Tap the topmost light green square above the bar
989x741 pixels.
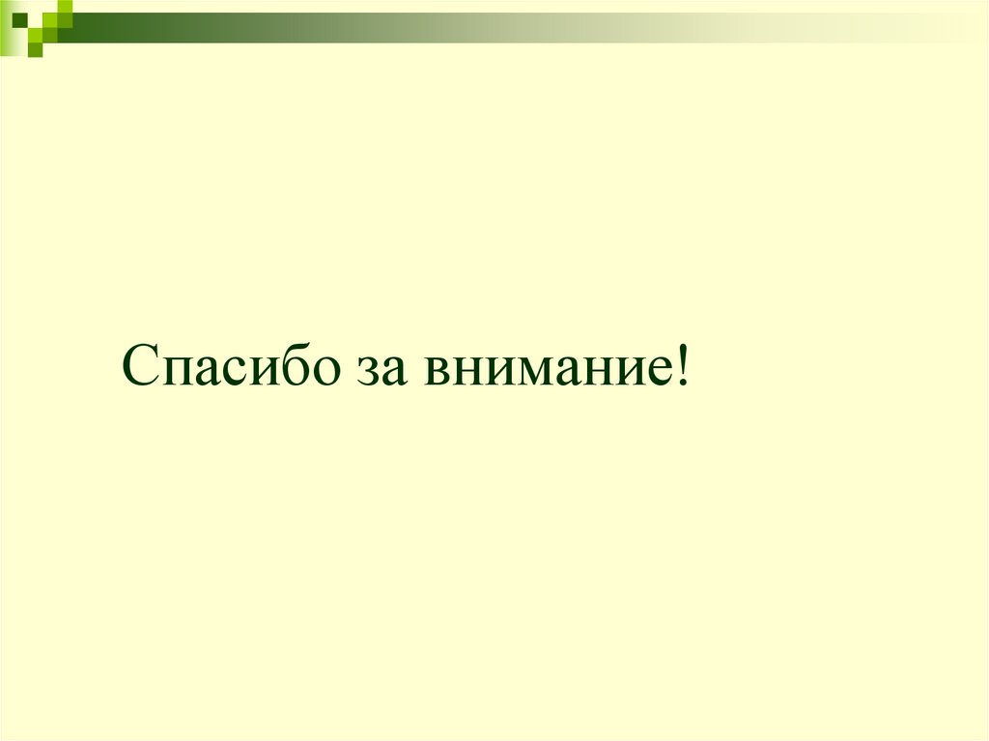(x=64, y=7)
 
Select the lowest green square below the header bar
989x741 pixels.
(x=36, y=50)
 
